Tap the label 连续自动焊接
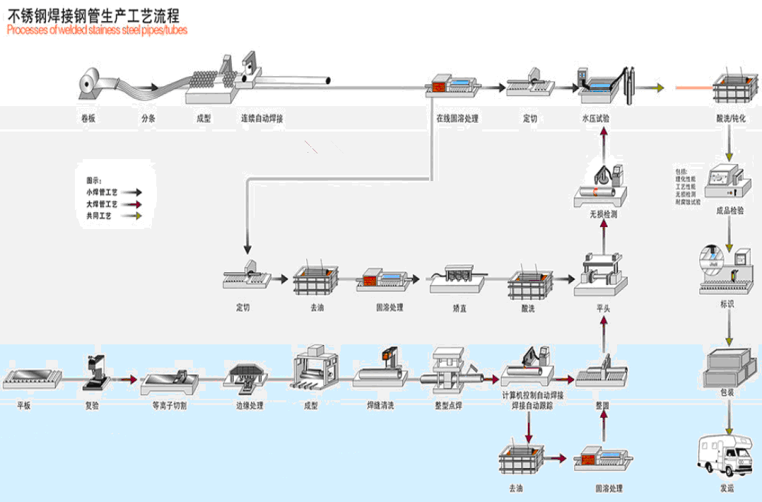click(x=262, y=119)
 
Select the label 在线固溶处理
click(x=457, y=119)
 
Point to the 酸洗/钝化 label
click(x=731, y=119)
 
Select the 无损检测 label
click(x=603, y=214)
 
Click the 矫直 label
click(x=459, y=308)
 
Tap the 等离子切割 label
click(x=170, y=407)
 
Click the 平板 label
click(x=25, y=407)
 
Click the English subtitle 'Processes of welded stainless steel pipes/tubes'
click(x=97, y=30)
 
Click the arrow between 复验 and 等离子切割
click(x=127, y=380)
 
